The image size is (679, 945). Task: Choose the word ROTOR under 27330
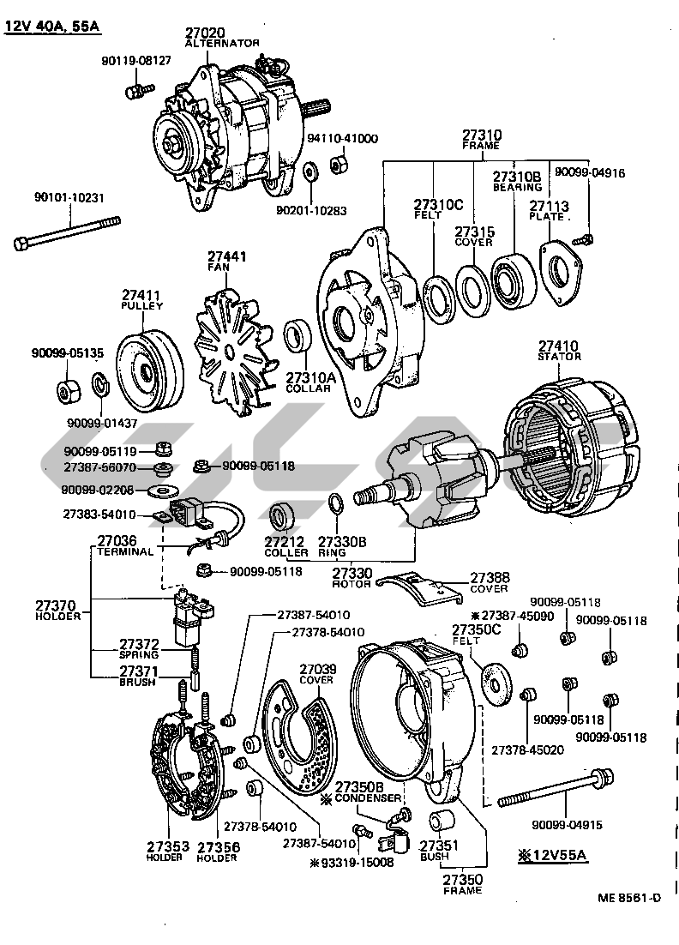(352, 584)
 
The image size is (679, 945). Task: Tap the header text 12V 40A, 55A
(51, 26)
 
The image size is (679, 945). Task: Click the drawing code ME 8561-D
(630, 898)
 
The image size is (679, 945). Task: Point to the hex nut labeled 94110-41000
(338, 160)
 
